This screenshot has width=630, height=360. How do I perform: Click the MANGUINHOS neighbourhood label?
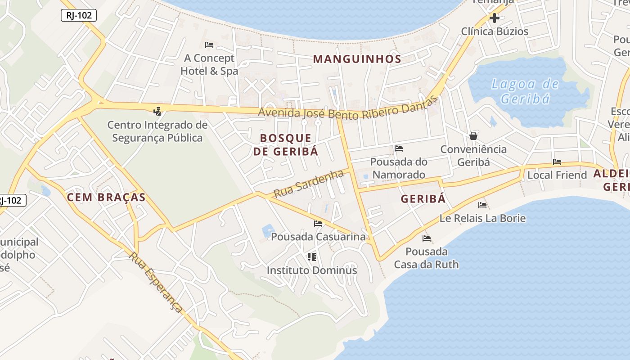[357, 59]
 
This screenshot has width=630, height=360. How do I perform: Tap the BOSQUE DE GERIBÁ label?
[285, 144]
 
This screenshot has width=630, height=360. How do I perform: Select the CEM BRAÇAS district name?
[106, 197]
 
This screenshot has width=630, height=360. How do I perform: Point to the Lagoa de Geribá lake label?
[525, 91]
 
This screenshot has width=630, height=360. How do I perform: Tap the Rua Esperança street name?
[156, 282]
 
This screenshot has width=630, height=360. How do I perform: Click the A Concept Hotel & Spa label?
[209, 64]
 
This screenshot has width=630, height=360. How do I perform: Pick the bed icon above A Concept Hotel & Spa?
[209, 45]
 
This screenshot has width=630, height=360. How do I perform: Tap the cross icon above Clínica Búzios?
[495, 18]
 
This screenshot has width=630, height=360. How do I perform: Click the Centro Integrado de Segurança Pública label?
[157, 131]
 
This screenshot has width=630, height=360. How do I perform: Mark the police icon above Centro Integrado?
[157, 111]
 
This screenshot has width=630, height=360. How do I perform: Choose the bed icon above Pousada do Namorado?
[399, 148]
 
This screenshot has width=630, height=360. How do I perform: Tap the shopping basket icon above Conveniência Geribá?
[473, 135]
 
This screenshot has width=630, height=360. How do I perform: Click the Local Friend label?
[557, 175]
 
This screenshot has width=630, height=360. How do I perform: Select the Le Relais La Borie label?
[482, 218]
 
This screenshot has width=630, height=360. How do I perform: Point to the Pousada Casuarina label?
[318, 236]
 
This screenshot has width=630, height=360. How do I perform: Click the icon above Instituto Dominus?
[312, 257]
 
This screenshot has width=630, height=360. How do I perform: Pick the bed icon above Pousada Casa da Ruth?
[427, 238]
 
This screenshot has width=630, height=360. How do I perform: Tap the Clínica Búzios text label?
[495, 31]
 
